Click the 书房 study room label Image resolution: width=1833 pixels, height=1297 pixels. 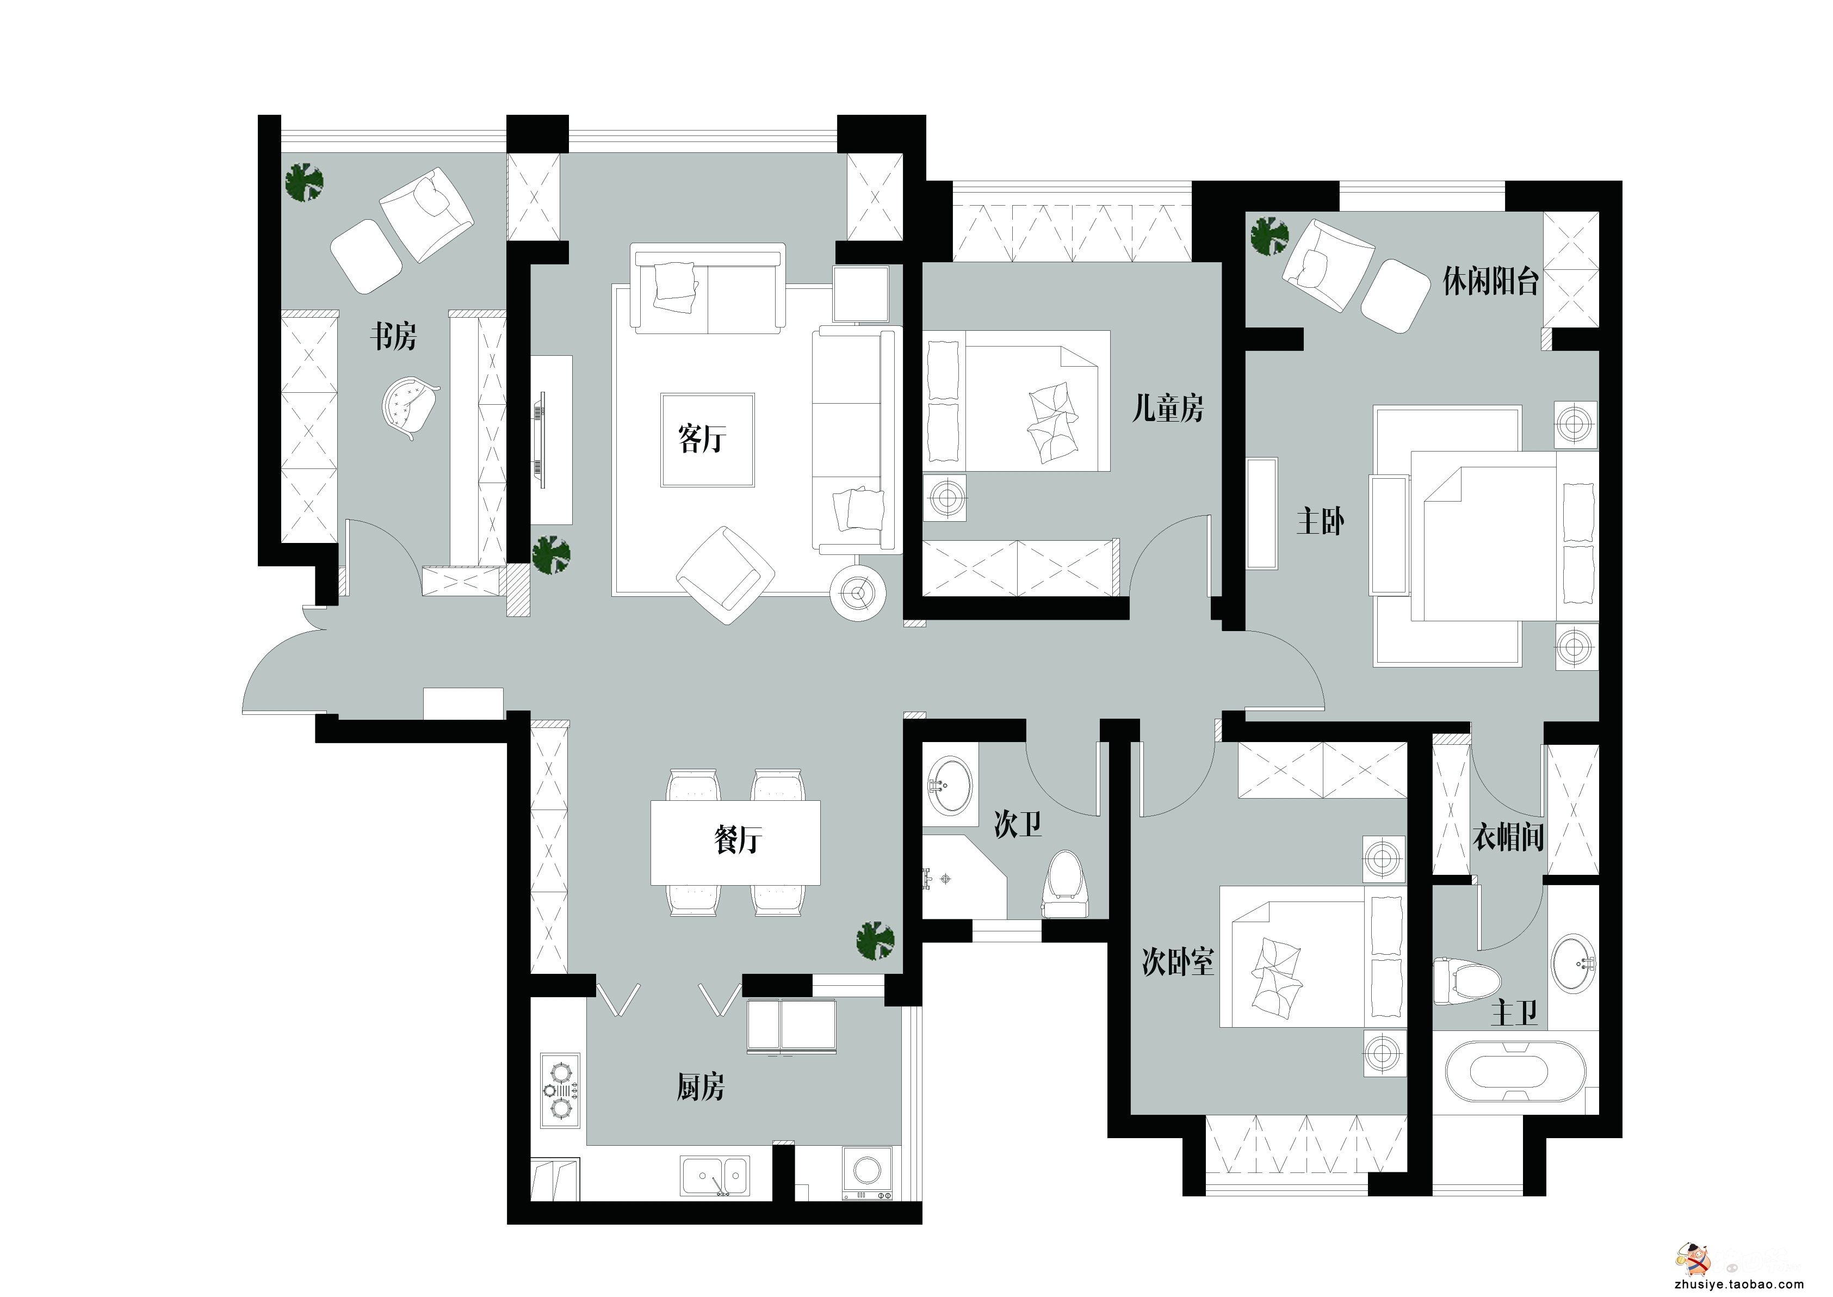[x=393, y=336]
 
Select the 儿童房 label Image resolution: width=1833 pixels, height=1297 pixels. [x=1168, y=409]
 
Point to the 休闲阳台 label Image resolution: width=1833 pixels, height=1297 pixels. [x=1490, y=281]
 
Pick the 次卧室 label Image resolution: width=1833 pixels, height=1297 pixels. [x=1178, y=962]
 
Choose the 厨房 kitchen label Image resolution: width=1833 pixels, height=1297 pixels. [x=700, y=1087]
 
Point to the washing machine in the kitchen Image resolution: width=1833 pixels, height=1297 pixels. [x=867, y=1172]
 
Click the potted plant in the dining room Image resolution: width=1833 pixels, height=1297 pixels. [x=875, y=941]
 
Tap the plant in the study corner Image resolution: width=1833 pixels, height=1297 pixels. [x=304, y=182]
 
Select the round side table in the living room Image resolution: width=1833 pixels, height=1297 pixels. [x=858, y=592]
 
